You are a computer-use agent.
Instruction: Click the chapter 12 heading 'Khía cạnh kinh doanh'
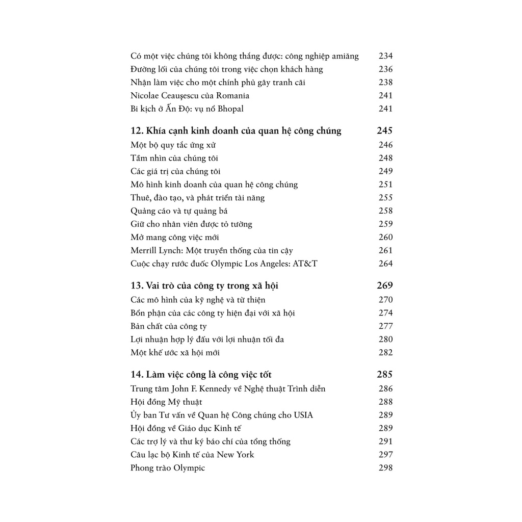pos(236,131)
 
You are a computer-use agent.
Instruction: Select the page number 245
pos(385,131)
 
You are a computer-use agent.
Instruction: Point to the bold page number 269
pos(385,286)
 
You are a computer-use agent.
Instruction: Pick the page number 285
pos(385,375)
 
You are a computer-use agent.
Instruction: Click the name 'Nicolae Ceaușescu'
pos(164,96)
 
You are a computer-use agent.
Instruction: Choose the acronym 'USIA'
pos(303,415)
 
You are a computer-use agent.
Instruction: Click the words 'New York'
pos(235,455)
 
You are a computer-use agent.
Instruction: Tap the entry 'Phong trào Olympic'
pos(167,468)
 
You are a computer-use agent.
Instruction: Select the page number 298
pos(386,468)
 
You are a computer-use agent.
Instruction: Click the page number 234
pos(386,56)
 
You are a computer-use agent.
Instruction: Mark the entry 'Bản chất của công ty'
pos(168,326)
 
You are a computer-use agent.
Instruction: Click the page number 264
pos(386,264)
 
